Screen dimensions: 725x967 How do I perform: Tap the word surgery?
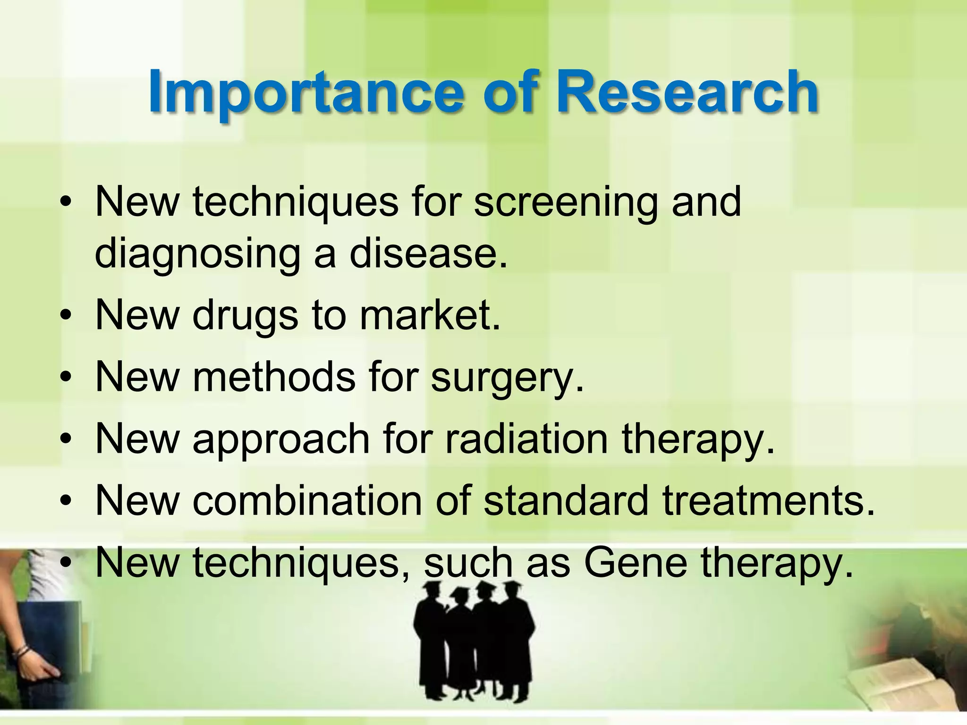click(508, 379)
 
